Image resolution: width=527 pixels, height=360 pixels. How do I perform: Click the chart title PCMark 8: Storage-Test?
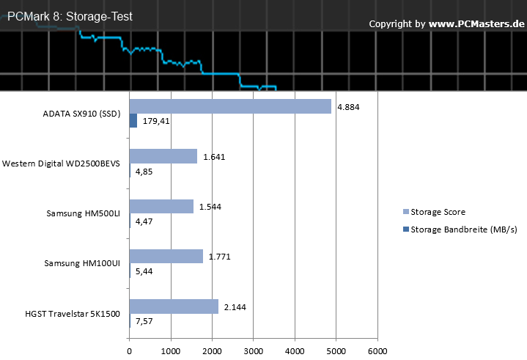click(70, 16)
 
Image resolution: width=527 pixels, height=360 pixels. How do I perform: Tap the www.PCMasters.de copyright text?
click(476, 24)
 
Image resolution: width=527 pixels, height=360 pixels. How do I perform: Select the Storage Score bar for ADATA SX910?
click(230, 106)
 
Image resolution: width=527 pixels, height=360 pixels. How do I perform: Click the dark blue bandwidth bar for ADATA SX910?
click(133, 120)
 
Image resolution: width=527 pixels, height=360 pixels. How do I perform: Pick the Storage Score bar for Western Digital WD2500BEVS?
click(163, 156)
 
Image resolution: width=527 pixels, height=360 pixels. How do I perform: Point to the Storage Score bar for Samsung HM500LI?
click(161, 206)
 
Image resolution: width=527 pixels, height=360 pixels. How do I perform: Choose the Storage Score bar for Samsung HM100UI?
click(166, 256)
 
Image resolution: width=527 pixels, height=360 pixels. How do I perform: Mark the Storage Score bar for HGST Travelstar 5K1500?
click(174, 306)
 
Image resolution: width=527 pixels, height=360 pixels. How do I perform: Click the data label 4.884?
click(348, 107)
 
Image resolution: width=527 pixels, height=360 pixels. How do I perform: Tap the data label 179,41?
click(156, 121)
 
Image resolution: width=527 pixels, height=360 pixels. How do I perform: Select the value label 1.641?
click(214, 157)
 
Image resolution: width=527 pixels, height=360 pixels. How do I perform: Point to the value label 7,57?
click(144, 321)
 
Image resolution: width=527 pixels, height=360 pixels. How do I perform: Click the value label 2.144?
click(235, 307)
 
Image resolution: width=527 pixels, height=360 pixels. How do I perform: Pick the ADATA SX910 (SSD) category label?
click(81, 114)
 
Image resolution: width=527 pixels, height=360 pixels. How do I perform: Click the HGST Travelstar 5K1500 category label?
click(73, 314)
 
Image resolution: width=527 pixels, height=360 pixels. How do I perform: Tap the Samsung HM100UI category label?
click(82, 263)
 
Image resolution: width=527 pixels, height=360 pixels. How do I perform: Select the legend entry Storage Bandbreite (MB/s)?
click(460, 229)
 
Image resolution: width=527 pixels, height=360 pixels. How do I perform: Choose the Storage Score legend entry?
click(434, 212)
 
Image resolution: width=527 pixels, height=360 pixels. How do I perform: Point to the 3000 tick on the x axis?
click(254, 351)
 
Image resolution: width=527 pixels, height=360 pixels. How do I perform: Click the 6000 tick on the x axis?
click(377, 351)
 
